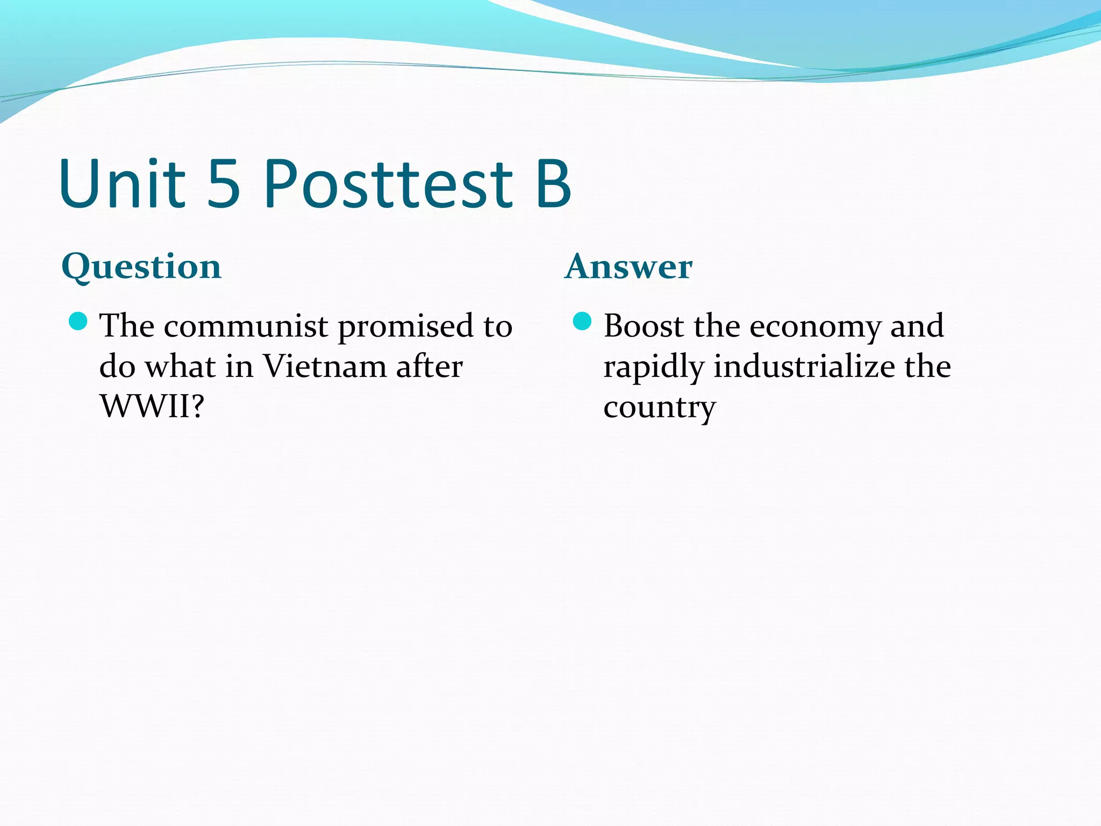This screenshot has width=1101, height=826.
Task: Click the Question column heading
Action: (141, 267)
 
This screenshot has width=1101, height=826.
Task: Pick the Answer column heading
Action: (628, 267)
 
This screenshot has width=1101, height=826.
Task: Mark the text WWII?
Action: (152, 407)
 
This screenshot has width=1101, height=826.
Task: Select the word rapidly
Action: (653, 368)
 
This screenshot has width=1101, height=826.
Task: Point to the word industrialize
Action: (804, 367)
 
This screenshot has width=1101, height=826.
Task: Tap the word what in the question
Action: (180, 367)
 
